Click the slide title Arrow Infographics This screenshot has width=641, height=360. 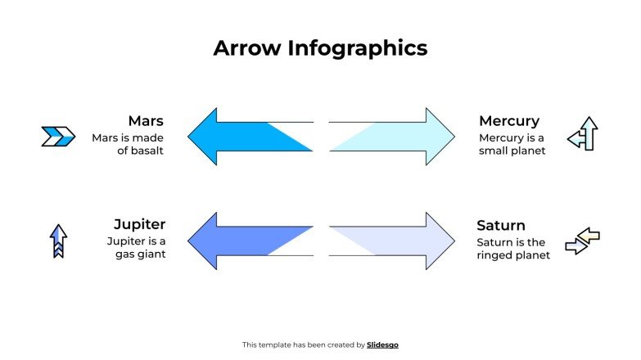[320, 48]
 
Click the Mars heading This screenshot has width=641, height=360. [146, 121]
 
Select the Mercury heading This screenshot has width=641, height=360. [509, 121]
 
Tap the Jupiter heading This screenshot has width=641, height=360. [139, 224]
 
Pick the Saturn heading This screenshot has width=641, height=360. [501, 225]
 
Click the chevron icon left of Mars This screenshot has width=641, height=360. [58, 137]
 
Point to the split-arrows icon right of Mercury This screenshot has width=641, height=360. [583, 133]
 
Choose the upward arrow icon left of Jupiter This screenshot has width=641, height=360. [58, 241]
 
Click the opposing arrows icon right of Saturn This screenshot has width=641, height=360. [582, 241]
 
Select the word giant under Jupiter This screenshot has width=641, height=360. [150, 254]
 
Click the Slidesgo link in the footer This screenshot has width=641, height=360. [382, 345]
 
